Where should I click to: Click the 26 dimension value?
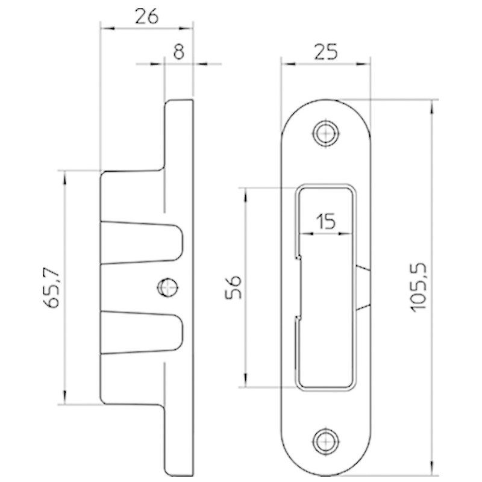(x=147, y=16)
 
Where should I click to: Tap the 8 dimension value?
(x=179, y=52)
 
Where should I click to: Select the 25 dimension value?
(x=326, y=52)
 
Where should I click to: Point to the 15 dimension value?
(x=326, y=221)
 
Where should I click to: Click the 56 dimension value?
(x=234, y=287)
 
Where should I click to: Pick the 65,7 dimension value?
(x=51, y=288)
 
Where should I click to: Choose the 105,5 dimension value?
(x=419, y=288)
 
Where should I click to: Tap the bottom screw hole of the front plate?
(x=325, y=442)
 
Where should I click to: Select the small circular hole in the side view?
(x=168, y=287)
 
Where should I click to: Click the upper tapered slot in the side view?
(x=142, y=243)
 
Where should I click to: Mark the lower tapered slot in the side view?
(x=142, y=333)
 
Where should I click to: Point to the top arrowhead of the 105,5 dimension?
(x=432, y=107)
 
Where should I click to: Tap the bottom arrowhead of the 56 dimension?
(x=246, y=380)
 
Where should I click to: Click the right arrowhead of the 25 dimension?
(x=363, y=64)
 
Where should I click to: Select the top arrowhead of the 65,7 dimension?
(x=64, y=178)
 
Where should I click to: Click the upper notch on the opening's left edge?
(x=298, y=257)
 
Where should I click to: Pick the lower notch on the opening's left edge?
(x=298, y=318)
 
